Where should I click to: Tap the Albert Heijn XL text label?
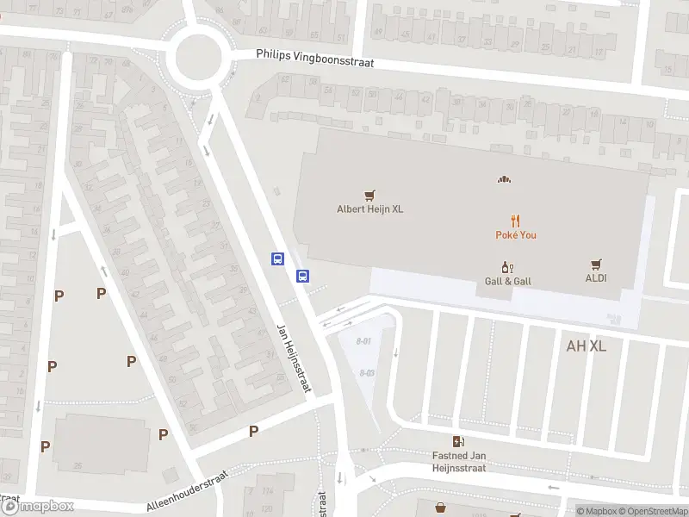[x=369, y=209]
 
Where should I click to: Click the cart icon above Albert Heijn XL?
[x=369, y=195]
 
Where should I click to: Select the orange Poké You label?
[x=516, y=234]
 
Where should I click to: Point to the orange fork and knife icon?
[x=516, y=221]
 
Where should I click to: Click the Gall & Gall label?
[x=508, y=281]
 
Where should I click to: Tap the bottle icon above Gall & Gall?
[x=508, y=267]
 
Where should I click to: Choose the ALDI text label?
[x=596, y=278]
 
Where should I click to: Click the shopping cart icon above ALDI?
[x=596, y=265]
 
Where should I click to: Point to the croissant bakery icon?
[x=504, y=179]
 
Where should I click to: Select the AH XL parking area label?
[x=587, y=346]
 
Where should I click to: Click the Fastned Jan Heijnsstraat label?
[x=459, y=461]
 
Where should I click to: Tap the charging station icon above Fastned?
[x=458, y=441]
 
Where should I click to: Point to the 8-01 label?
[x=365, y=342]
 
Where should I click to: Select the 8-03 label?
[x=368, y=372]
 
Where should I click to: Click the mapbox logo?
[x=37, y=507]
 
